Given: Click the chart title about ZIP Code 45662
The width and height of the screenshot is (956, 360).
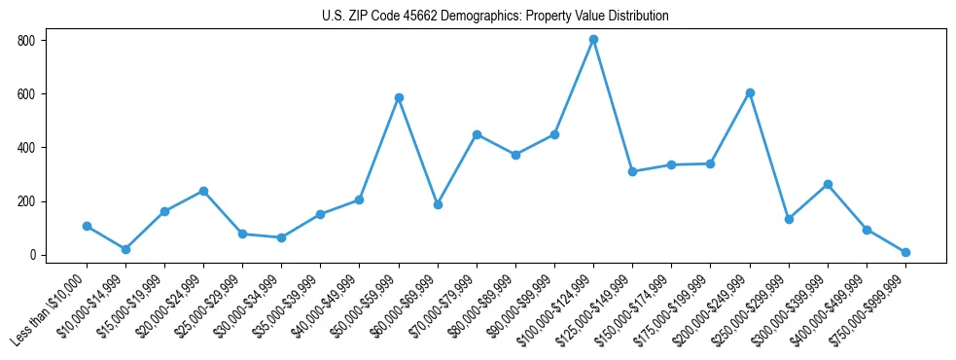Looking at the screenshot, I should [x=495, y=17].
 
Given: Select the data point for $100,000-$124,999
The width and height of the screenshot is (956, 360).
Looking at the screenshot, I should [x=593, y=40].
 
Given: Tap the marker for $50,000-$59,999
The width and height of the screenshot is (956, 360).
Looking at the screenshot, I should [x=399, y=97].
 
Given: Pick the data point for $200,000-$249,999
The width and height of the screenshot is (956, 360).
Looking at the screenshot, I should [x=750, y=92].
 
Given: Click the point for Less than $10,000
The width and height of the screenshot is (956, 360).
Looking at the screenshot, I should [x=87, y=226].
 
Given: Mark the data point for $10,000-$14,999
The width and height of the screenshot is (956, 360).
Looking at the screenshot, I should [x=125, y=249].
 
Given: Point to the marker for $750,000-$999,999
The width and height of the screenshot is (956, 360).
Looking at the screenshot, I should [x=905, y=252].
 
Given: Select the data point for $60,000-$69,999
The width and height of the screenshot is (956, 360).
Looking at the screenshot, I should [x=438, y=204].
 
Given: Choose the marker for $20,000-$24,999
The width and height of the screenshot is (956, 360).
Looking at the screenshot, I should [x=203, y=191].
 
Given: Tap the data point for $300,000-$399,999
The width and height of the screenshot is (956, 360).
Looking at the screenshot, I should [x=828, y=184].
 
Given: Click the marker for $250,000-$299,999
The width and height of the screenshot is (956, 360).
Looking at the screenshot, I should [x=789, y=219].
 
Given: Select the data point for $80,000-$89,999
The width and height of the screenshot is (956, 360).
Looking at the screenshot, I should [x=515, y=155].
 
